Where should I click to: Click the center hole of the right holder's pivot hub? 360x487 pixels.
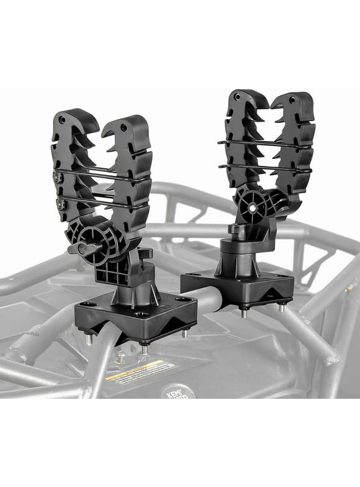(255, 202)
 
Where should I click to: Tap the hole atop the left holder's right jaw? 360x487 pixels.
(124, 127)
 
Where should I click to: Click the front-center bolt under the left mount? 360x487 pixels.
(144, 349)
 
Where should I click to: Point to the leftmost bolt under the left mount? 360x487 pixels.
(89, 339)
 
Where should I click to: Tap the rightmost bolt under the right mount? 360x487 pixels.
(282, 307)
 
